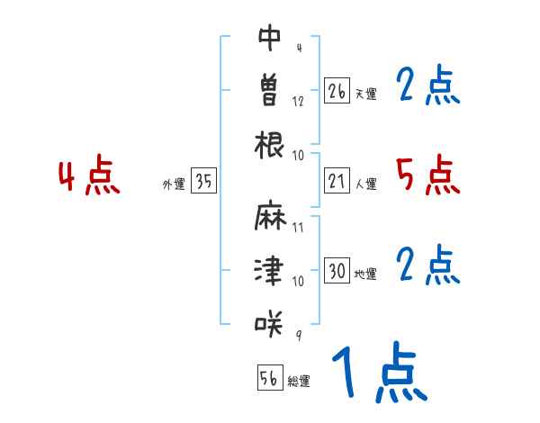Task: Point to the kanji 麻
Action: coord(270,219)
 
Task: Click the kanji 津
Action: coord(270,270)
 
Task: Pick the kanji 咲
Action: coord(270,322)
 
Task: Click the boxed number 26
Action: coord(337,91)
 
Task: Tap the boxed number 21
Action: coord(337,182)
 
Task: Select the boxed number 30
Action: coord(337,271)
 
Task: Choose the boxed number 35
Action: coord(203,182)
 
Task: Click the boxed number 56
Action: coord(269,378)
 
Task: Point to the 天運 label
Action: coord(365,94)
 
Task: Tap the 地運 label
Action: coord(365,274)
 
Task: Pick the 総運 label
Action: coord(299,381)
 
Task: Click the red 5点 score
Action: coord(428,175)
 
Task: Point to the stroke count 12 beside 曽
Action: coord(298,100)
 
